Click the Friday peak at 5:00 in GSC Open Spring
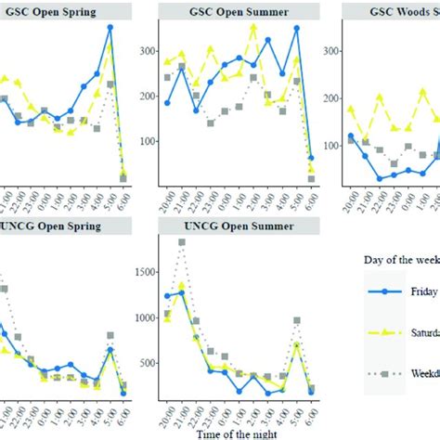110,28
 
